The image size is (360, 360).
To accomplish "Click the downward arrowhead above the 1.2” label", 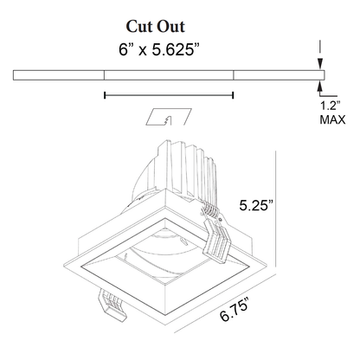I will click(x=321, y=64).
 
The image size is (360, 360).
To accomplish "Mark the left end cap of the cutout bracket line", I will click(x=104, y=94).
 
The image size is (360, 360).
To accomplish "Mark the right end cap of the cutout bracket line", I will click(x=234, y=94).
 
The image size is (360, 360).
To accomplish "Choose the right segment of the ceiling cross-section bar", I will click(x=278, y=75).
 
